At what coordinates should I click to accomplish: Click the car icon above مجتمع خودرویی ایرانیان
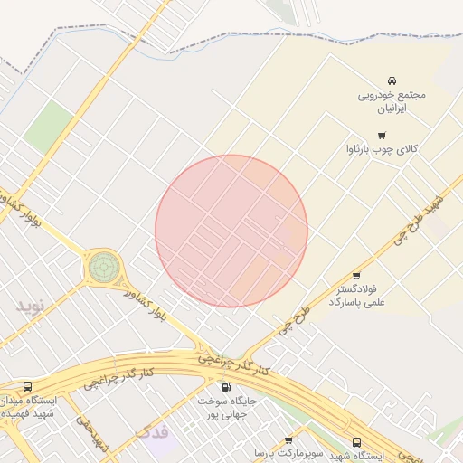(x=392, y=81)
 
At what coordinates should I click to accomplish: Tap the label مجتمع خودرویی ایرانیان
(x=392, y=100)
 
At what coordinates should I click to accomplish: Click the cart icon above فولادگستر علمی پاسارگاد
(x=355, y=276)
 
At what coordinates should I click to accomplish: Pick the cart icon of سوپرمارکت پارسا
(x=288, y=440)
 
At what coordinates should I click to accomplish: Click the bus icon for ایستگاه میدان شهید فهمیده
(x=27, y=386)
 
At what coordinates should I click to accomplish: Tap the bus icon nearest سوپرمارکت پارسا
(x=356, y=442)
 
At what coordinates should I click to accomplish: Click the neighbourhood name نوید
(x=30, y=306)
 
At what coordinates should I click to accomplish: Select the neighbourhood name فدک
(x=152, y=432)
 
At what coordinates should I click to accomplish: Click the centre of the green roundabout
(x=102, y=267)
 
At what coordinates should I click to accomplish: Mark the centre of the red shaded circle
(x=231, y=231)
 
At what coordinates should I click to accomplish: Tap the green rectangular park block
(x=48, y=126)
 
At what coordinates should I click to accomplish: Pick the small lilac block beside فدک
(x=159, y=443)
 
